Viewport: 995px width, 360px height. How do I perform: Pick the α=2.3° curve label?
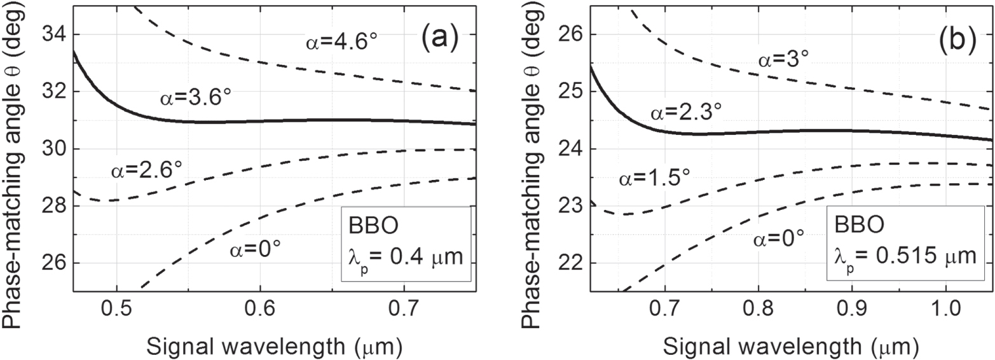685,113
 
